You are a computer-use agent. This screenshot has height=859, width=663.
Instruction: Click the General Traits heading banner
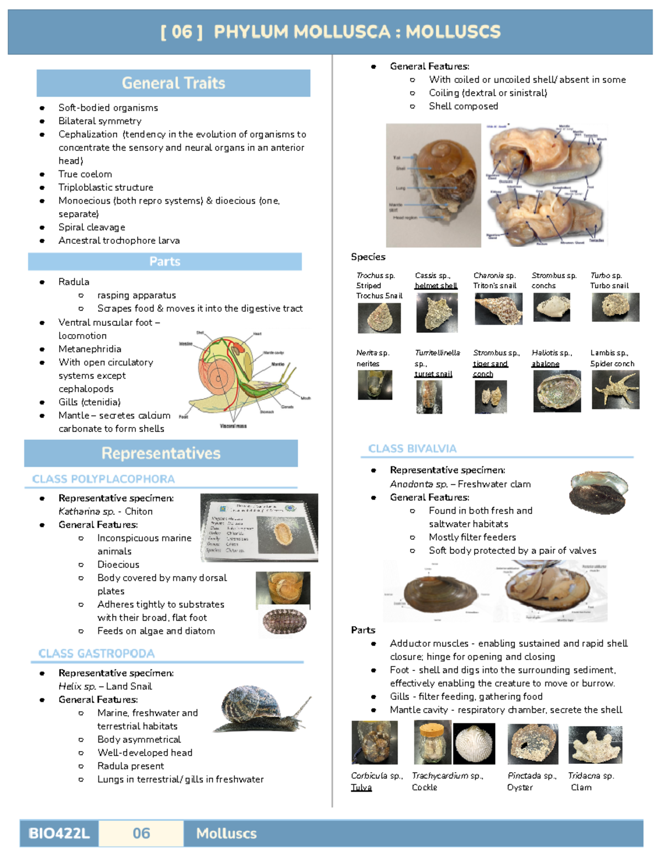click(x=173, y=83)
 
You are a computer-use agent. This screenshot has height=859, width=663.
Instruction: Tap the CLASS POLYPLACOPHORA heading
click(x=103, y=479)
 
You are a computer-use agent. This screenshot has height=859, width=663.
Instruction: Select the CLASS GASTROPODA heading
click(x=96, y=653)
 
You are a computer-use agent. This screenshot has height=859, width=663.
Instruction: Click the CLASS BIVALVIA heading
click(x=412, y=449)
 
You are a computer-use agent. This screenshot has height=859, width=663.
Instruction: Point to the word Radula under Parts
click(x=73, y=282)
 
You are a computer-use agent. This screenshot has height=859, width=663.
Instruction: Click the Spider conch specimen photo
click(x=615, y=389)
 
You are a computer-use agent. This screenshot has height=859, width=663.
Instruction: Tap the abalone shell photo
click(x=556, y=391)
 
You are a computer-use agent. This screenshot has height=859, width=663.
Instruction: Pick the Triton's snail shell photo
click(x=498, y=309)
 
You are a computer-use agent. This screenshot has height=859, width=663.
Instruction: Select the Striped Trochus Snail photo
click(x=379, y=318)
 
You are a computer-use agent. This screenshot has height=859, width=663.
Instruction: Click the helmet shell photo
click(x=436, y=313)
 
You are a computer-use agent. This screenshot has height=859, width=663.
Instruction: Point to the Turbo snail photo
click(x=615, y=307)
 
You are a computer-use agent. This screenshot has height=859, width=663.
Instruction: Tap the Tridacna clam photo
click(x=595, y=745)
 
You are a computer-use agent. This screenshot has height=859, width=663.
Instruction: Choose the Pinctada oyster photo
click(x=533, y=745)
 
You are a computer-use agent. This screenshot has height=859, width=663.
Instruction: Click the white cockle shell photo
click(x=474, y=743)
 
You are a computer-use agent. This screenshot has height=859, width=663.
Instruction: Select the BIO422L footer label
click(x=59, y=833)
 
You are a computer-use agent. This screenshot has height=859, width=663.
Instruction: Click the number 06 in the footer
click(x=141, y=833)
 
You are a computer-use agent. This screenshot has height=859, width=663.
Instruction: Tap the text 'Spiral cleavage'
click(x=92, y=227)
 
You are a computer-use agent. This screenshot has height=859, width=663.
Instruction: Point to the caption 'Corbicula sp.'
click(x=377, y=775)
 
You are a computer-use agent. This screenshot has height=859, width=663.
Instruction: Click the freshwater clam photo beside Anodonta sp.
click(x=599, y=492)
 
